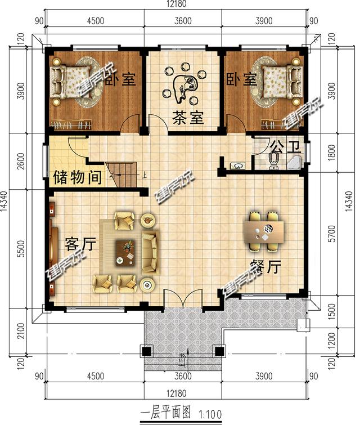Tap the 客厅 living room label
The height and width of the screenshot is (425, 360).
[x=80, y=244]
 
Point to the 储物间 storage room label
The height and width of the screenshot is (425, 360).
[x=78, y=178]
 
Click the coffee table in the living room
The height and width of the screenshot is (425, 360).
[x=127, y=251]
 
